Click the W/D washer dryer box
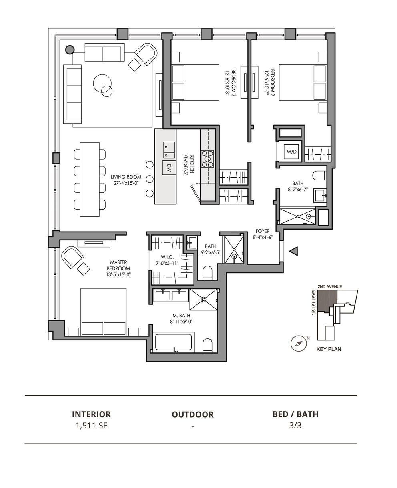[292, 152]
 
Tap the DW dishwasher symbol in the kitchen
[169, 168]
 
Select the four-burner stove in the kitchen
[208, 158]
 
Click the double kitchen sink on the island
[169, 150]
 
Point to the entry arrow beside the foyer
[294, 251]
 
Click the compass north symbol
[299, 344]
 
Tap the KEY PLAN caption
[329, 349]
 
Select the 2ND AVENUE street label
[330, 286]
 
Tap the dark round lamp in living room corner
[70, 50]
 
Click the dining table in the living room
[90, 179]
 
